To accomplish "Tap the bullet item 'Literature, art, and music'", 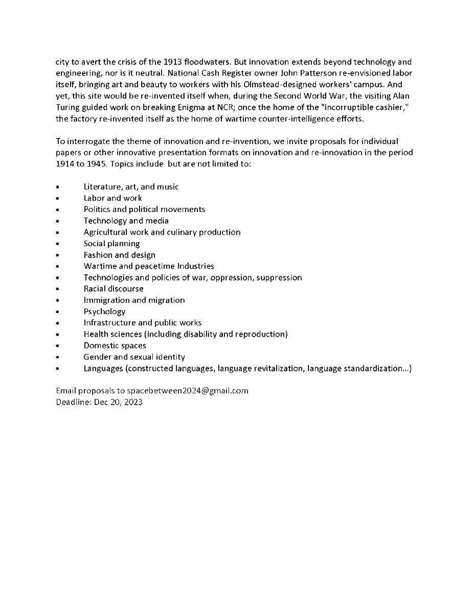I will pyautogui.click(x=131, y=187).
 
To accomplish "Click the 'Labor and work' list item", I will pyautogui.click(x=113, y=198).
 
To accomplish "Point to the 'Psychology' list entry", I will pyautogui.click(x=104, y=312).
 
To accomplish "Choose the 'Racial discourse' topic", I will pyautogui.click(x=114, y=289).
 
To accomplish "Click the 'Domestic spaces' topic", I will pyautogui.click(x=115, y=346).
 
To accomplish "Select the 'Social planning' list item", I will pyautogui.click(x=111, y=244).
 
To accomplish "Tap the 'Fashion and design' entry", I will pyautogui.click(x=120, y=255).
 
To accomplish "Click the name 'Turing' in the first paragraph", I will pyautogui.click(x=68, y=107).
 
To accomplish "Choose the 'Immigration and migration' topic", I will pyautogui.click(x=134, y=300).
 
